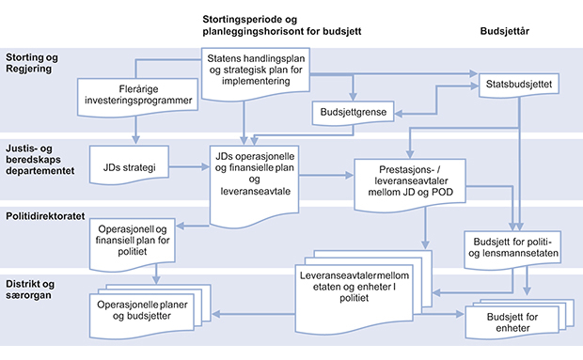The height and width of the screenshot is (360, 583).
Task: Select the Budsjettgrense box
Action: click(x=353, y=113)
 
